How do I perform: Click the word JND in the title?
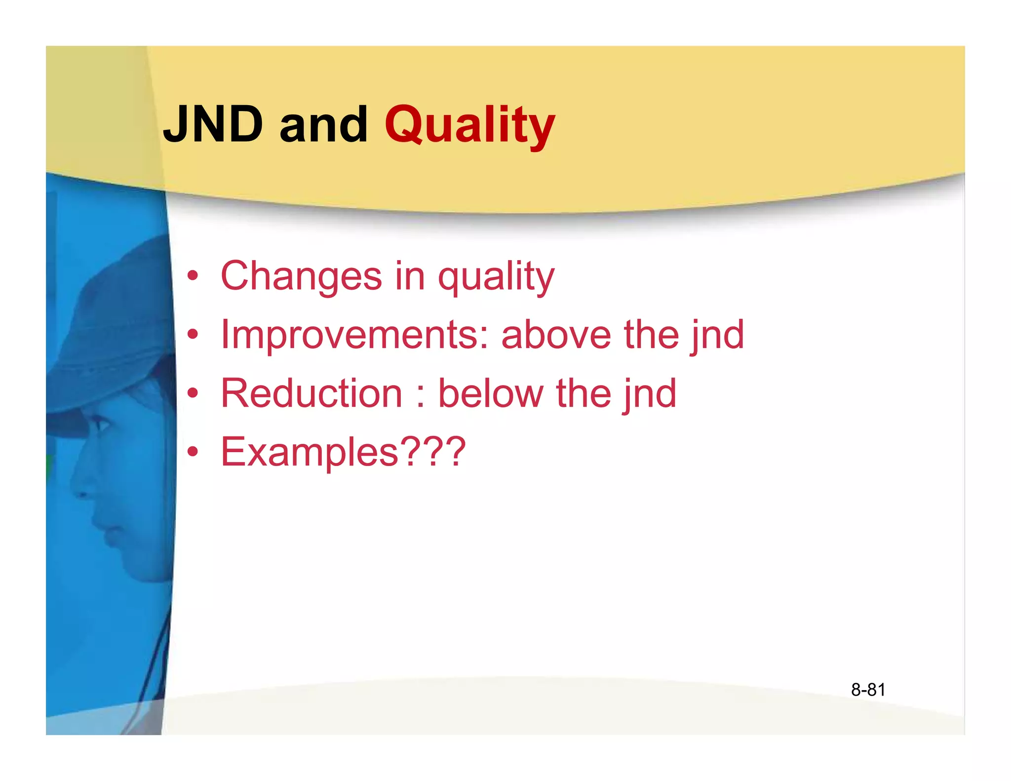[x=213, y=124]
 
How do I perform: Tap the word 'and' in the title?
[x=323, y=124]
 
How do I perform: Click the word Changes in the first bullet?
[x=301, y=276]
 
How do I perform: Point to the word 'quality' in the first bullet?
[x=496, y=277]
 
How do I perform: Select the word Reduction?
[x=311, y=393]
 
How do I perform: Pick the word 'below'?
[x=491, y=393]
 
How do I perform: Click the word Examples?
[x=309, y=452]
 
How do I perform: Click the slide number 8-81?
[x=868, y=690]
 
